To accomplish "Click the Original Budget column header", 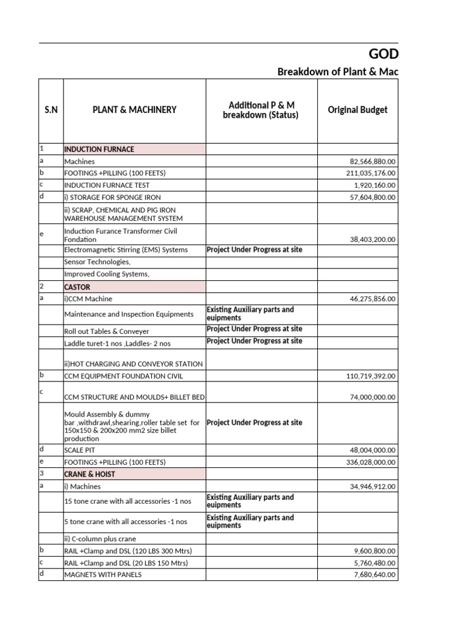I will click(358, 110).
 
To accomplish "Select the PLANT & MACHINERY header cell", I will click(135, 110).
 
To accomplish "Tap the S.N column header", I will click(51, 110).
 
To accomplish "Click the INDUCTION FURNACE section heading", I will click(99, 149).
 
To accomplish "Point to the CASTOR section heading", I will click(77, 287).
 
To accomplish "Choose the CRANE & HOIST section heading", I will click(89, 474).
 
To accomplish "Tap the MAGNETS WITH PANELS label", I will click(102, 575).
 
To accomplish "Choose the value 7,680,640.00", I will click(375, 575).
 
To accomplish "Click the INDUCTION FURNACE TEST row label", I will click(107, 185).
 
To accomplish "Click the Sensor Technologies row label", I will click(98, 262).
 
